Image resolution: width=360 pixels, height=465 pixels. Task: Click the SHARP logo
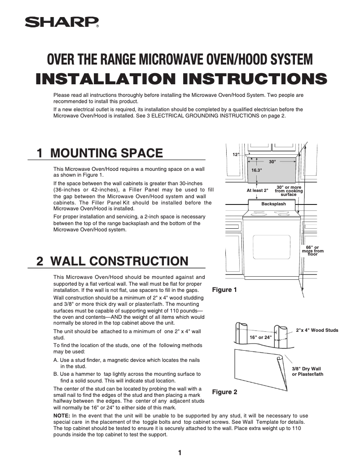click(61, 22)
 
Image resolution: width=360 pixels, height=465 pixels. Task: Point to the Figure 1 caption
click(224, 290)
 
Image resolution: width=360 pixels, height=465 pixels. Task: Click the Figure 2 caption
click(224, 392)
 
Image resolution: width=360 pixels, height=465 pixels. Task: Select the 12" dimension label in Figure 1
click(236, 154)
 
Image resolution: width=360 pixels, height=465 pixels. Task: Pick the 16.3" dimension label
click(257, 171)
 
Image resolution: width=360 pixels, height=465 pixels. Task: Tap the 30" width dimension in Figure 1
click(272, 161)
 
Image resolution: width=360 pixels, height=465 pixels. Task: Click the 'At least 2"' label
click(257, 191)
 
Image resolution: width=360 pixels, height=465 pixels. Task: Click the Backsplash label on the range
click(273, 204)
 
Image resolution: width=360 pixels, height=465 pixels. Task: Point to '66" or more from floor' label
click(312, 251)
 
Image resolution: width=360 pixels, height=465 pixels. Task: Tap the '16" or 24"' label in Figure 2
click(260, 337)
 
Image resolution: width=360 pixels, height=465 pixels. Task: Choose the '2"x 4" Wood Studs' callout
click(317, 330)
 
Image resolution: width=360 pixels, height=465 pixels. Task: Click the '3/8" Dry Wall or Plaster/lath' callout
click(307, 371)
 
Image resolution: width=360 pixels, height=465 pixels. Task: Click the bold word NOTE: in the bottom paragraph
click(61, 416)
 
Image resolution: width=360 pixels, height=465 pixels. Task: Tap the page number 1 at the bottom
click(180, 452)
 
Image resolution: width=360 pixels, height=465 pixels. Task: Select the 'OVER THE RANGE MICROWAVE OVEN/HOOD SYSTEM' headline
click(180, 59)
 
